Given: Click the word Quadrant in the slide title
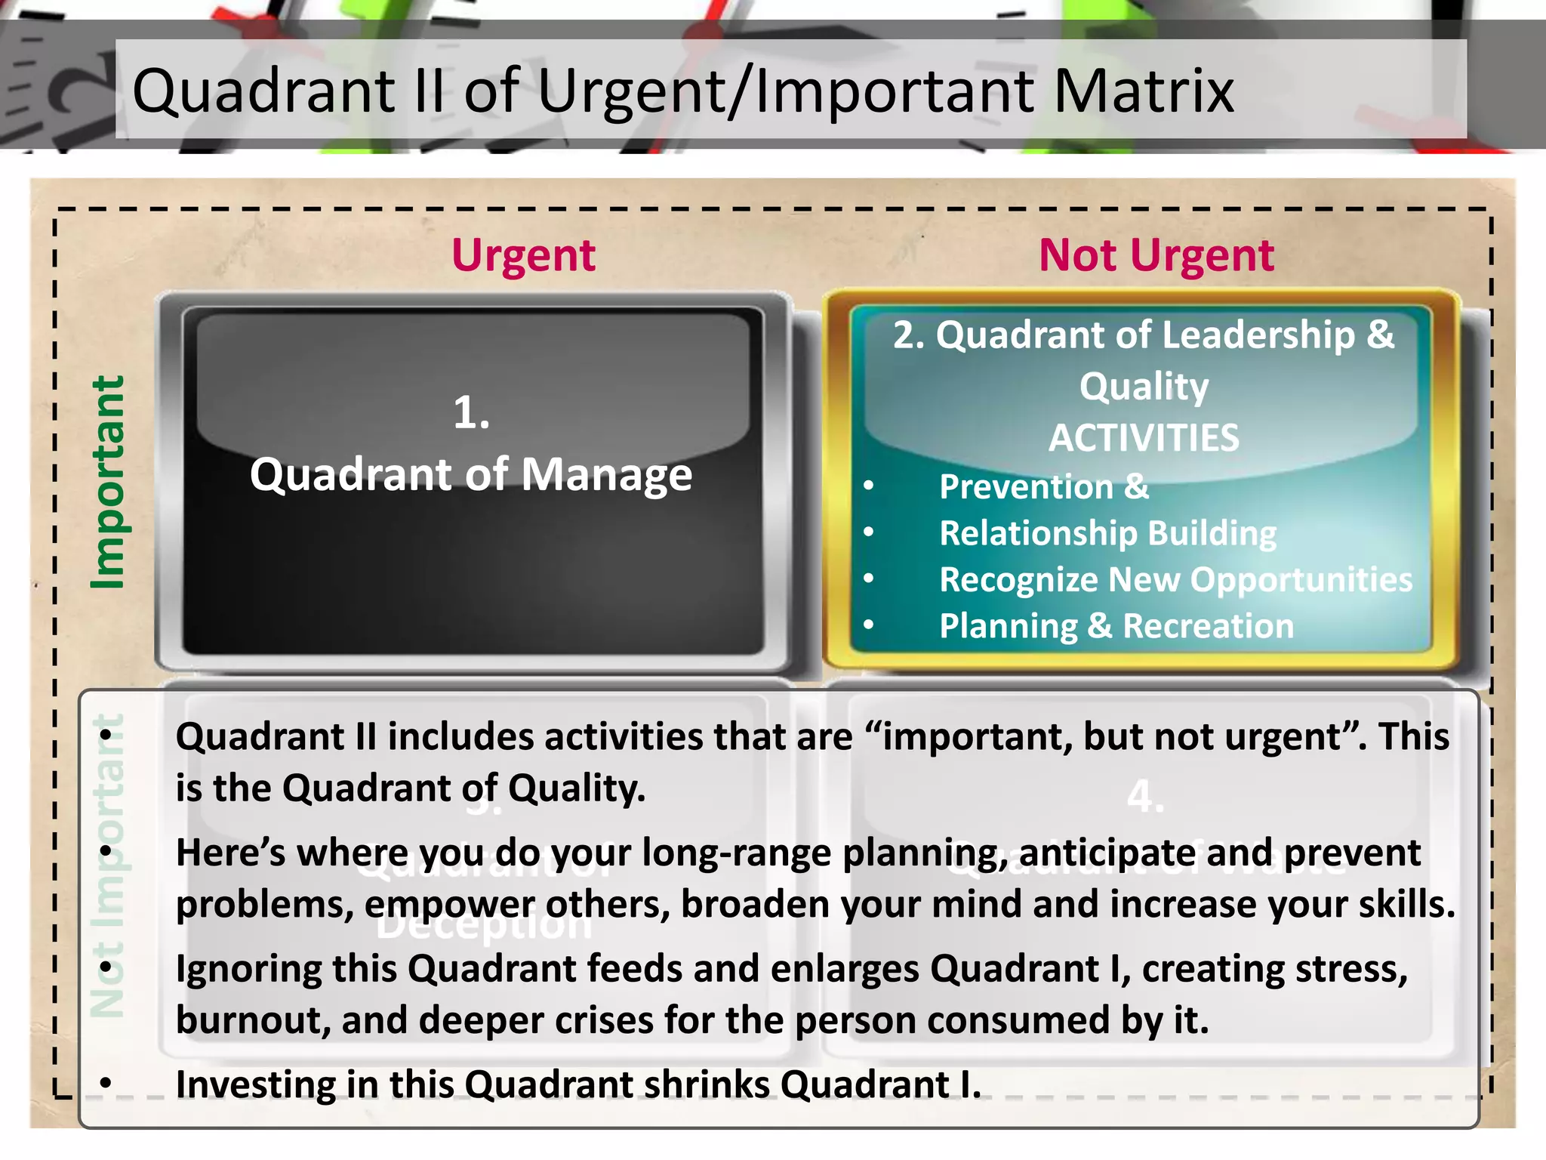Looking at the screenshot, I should (263, 91).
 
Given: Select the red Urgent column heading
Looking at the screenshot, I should (523, 255).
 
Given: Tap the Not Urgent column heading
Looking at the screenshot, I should (1156, 255).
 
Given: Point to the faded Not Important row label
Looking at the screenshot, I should (106, 865).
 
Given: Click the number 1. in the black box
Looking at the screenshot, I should (471, 413).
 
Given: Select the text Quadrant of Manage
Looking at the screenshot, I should (471, 475).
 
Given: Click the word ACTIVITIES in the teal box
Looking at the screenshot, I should (1144, 438).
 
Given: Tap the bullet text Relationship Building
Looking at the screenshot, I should (1107, 533).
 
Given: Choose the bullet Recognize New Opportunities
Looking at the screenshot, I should (1175, 580).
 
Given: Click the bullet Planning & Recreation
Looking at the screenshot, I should (1116, 626).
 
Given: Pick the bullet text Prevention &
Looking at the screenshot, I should (1043, 487).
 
